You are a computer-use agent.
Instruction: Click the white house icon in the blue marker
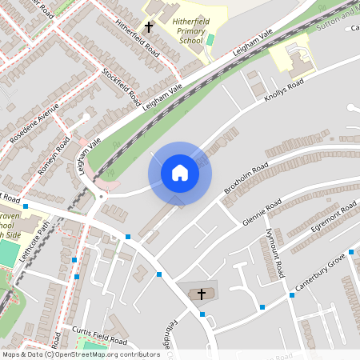click(179, 173)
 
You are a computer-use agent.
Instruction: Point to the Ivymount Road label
click(274, 254)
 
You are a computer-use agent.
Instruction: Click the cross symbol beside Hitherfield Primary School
click(148, 27)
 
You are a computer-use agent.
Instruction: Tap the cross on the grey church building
click(201, 294)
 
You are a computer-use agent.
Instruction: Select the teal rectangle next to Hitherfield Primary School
click(210, 39)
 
